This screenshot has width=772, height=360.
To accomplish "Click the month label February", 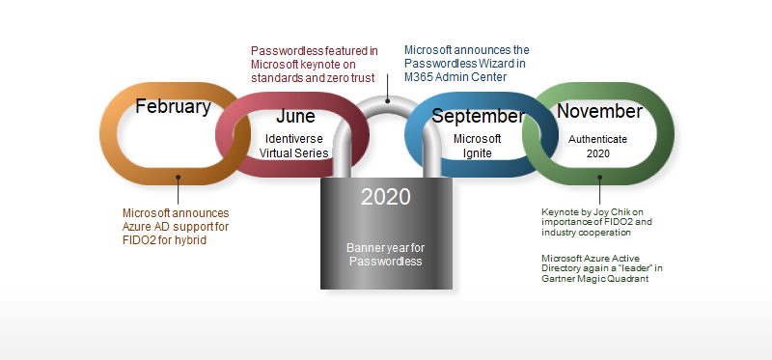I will pyautogui.click(x=173, y=107).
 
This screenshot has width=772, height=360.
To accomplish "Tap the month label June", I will pyautogui.click(x=294, y=117).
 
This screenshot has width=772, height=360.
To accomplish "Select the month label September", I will pyautogui.click(x=478, y=117).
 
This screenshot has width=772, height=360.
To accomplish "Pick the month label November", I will pyautogui.click(x=599, y=112).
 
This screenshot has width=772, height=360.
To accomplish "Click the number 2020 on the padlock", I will pyautogui.click(x=386, y=198).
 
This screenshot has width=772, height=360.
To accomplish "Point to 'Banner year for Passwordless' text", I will pyautogui.click(x=386, y=255).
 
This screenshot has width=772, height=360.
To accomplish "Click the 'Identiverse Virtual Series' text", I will pyautogui.click(x=294, y=146).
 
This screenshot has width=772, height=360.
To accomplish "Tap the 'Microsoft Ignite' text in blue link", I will pyautogui.click(x=478, y=146).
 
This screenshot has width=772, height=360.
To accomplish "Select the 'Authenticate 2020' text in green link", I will pyautogui.click(x=597, y=146).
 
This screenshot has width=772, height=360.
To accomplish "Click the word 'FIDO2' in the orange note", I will pyautogui.click(x=143, y=240).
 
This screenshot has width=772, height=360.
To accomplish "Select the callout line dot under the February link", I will pyautogui.click(x=179, y=177).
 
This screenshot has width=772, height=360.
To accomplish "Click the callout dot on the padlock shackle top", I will pyautogui.click(x=388, y=99).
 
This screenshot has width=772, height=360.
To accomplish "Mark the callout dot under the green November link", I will pyautogui.click(x=599, y=177).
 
